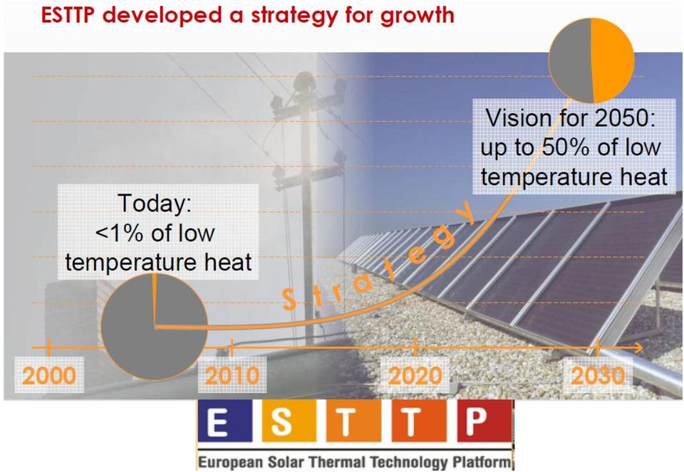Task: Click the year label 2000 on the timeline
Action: [49, 376]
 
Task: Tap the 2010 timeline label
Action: [232, 376]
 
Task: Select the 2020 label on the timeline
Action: [415, 376]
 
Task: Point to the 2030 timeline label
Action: [598, 376]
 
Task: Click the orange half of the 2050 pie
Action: [613, 60]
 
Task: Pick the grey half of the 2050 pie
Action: [570, 60]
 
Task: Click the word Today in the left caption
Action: [155, 203]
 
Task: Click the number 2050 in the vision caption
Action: [625, 119]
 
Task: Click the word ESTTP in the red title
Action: [69, 15]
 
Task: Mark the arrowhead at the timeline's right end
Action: [638, 348]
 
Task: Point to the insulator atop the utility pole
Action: [304, 83]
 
